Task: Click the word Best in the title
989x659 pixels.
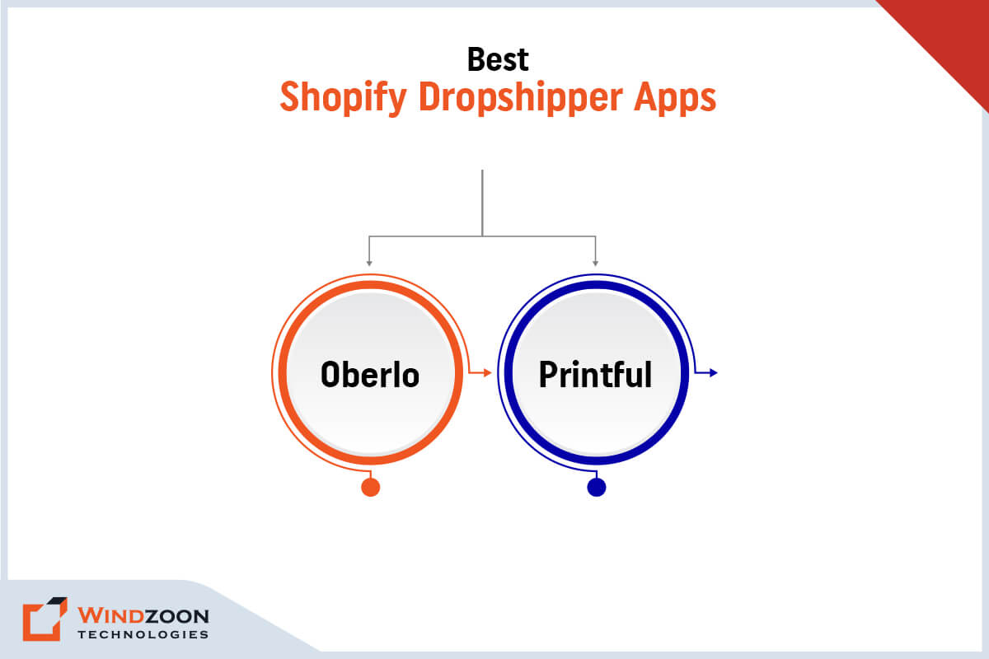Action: pyautogui.click(x=498, y=59)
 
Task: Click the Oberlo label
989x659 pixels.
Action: pyautogui.click(x=370, y=375)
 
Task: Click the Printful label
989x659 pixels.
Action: pyautogui.click(x=595, y=375)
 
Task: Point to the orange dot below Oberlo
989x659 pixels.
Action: pyautogui.click(x=371, y=487)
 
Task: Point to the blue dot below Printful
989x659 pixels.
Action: pyautogui.click(x=596, y=487)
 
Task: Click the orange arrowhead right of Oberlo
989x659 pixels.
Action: pyautogui.click(x=487, y=373)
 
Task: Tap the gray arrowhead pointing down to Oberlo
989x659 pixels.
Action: pyautogui.click(x=369, y=263)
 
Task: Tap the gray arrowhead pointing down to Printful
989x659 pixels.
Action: pyautogui.click(x=595, y=263)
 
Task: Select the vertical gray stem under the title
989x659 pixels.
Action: pyautogui.click(x=482, y=203)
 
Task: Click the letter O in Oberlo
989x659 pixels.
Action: pyautogui.click(x=330, y=375)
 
